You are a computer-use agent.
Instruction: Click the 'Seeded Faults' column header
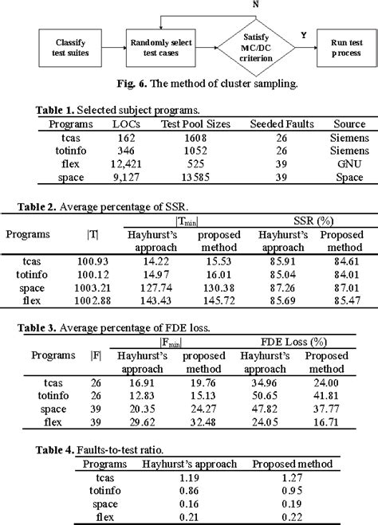pyautogui.click(x=285, y=124)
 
